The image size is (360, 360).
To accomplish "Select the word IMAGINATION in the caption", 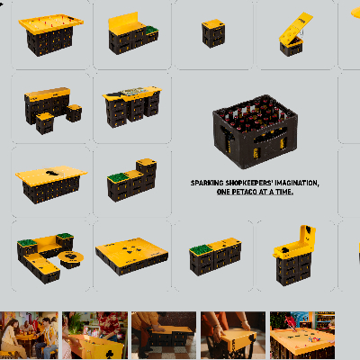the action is click(x=297, y=183).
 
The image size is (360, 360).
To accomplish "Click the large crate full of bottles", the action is click(x=256, y=131).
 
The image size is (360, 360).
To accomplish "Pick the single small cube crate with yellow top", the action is click(x=213, y=33).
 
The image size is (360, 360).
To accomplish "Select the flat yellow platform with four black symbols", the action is click(x=131, y=256).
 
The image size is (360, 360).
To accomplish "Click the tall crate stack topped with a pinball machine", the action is click(x=294, y=255).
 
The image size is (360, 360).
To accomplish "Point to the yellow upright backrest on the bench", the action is click(x=123, y=22).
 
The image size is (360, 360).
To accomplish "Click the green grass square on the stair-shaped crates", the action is click(x=118, y=177).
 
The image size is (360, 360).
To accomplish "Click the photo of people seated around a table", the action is click(x=29, y=335).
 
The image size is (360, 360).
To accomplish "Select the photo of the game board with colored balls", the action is click(x=302, y=335).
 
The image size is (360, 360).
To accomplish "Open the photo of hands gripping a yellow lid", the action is click(x=233, y=335).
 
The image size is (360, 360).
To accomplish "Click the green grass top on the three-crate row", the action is click(x=200, y=249).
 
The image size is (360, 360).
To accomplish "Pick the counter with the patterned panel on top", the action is click(x=132, y=106).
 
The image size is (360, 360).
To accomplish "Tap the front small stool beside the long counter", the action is click(x=45, y=123).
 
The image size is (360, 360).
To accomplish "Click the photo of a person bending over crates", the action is click(x=164, y=335).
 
